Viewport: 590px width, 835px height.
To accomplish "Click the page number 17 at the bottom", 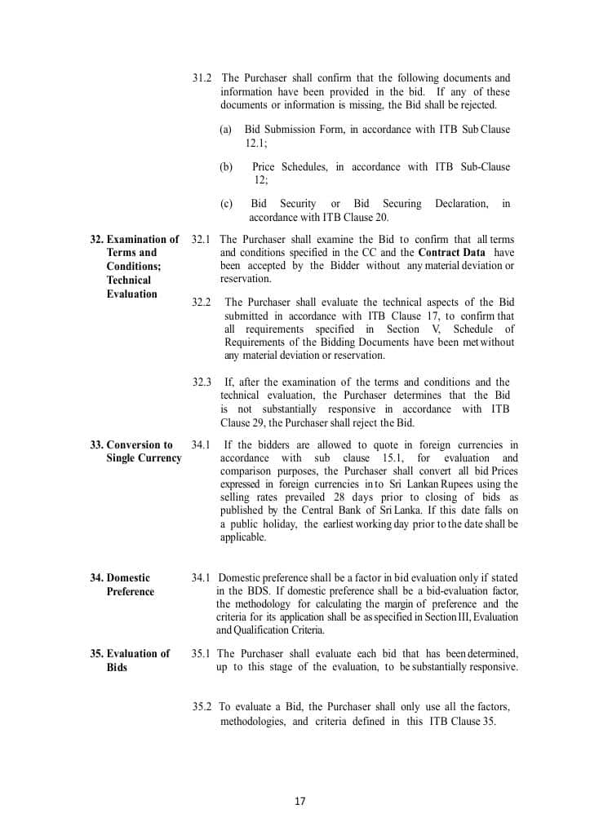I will [x=299, y=801].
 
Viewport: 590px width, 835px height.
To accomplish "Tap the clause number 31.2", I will [x=202, y=78].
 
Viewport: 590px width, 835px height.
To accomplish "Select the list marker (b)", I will [x=226, y=167].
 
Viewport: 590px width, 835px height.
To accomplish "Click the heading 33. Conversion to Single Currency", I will [x=135, y=452].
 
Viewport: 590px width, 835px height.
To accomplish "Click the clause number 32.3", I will [x=202, y=382].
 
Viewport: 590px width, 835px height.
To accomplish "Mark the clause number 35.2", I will [x=202, y=707].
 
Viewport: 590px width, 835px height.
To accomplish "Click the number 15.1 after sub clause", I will [x=379, y=457].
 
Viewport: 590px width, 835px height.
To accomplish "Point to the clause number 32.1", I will [x=202, y=240].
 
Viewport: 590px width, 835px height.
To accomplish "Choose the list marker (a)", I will [x=226, y=130].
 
